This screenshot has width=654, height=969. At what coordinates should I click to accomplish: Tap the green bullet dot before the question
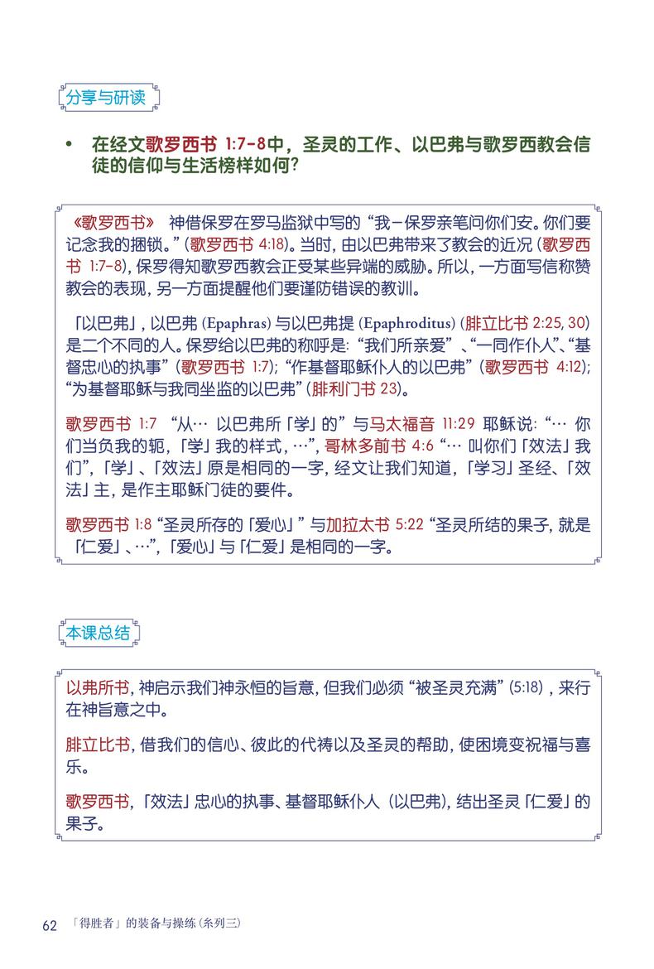[70, 145]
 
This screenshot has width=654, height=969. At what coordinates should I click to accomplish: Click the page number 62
[49, 924]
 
